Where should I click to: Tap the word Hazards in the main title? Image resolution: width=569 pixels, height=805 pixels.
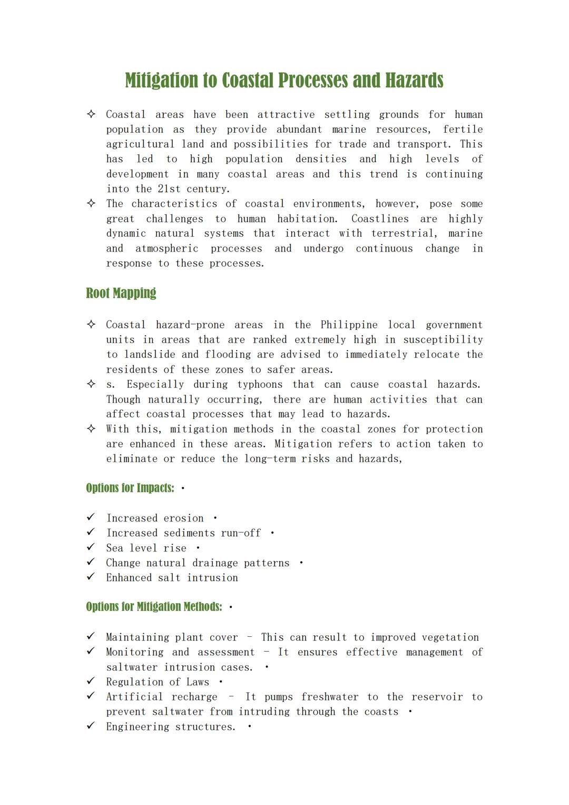coord(414,81)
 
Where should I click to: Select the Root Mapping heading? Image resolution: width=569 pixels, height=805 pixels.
coord(121,293)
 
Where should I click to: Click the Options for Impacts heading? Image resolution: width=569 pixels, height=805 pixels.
coord(130,488)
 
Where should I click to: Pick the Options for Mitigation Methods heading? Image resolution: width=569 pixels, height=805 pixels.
coord(154,607)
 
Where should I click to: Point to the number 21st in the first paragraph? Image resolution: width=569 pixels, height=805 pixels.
coord(169,189)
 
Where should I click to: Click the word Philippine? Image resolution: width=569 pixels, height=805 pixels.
coord(349,325)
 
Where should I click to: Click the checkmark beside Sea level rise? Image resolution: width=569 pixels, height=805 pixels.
coord(91,547)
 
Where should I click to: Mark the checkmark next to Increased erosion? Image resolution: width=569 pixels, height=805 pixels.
coord(91,517)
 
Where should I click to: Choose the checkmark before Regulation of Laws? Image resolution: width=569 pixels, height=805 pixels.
coord(91,681)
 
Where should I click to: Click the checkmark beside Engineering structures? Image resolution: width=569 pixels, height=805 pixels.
coord(91,726)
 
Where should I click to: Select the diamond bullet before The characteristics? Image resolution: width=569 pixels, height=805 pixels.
coord(91,203)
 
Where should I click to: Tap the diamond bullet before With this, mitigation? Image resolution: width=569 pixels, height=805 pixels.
coord(91,429)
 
